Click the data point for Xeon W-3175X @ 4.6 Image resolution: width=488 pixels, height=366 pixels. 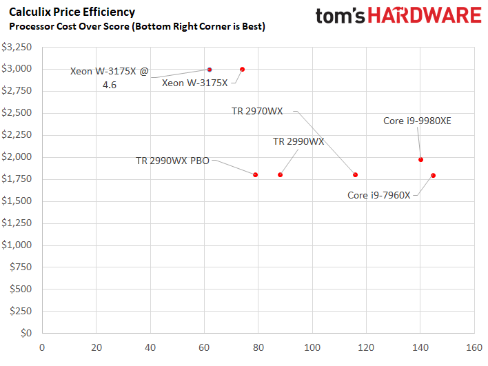coord(210,70)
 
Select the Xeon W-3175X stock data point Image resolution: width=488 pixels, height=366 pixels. coord(242,70)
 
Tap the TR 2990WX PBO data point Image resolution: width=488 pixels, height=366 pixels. coord(255,175)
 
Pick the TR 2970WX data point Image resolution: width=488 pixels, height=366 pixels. coord(355,175)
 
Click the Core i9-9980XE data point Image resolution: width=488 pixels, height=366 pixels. coord(420,160)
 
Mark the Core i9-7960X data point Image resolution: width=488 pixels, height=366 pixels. coord(433,176)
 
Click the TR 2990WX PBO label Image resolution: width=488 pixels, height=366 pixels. coord(172,161)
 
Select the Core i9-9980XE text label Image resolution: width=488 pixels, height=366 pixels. coord(417,121)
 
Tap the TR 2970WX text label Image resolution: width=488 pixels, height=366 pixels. coord(257,111)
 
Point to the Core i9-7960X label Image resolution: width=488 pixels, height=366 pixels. coord(379,195)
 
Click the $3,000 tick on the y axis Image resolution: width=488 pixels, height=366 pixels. coord(17,69)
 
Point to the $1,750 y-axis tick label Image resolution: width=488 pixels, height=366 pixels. coord(17,179)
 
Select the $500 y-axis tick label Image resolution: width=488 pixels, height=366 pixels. coord(21,289)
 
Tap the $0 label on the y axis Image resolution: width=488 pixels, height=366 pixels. coord(26,334)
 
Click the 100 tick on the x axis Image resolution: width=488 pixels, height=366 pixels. coord(312,347)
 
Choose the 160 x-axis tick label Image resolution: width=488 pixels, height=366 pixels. coord(474,347)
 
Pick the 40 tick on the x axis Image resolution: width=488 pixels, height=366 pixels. coord(150,347)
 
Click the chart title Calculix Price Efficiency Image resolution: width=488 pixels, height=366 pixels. coord(72,12)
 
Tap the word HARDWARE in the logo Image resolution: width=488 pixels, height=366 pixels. coord(425,15)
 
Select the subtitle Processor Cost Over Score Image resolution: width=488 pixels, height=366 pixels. coord(69,27)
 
